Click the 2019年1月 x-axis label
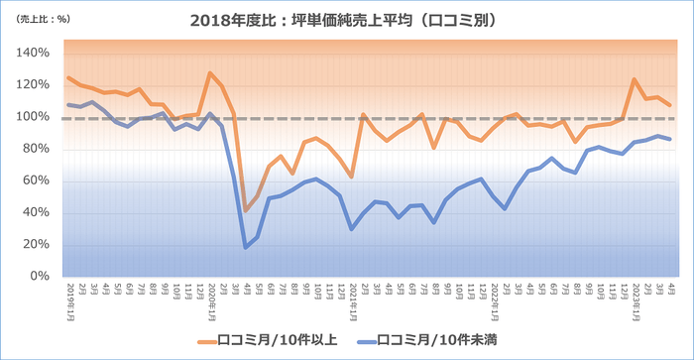click(x=68, y=295)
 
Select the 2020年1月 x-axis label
click(x=210, y=295)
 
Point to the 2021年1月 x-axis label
click(x=352, y=295)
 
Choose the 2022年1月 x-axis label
click(x=493, y=295)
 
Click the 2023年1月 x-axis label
click(x=635, y=295)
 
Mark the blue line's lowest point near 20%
click(x=245, y=247)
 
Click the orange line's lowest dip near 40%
click(x=245, y=210)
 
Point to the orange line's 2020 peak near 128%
click(x=210, y=72)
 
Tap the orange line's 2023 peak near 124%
click(x=635, y=79)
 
